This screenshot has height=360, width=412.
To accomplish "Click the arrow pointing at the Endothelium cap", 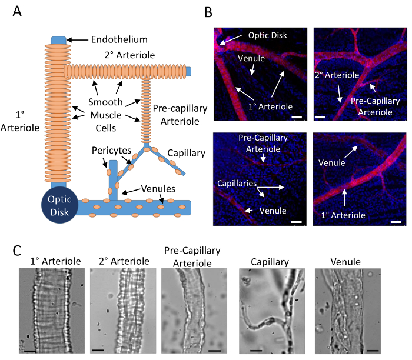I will point(78,40).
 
